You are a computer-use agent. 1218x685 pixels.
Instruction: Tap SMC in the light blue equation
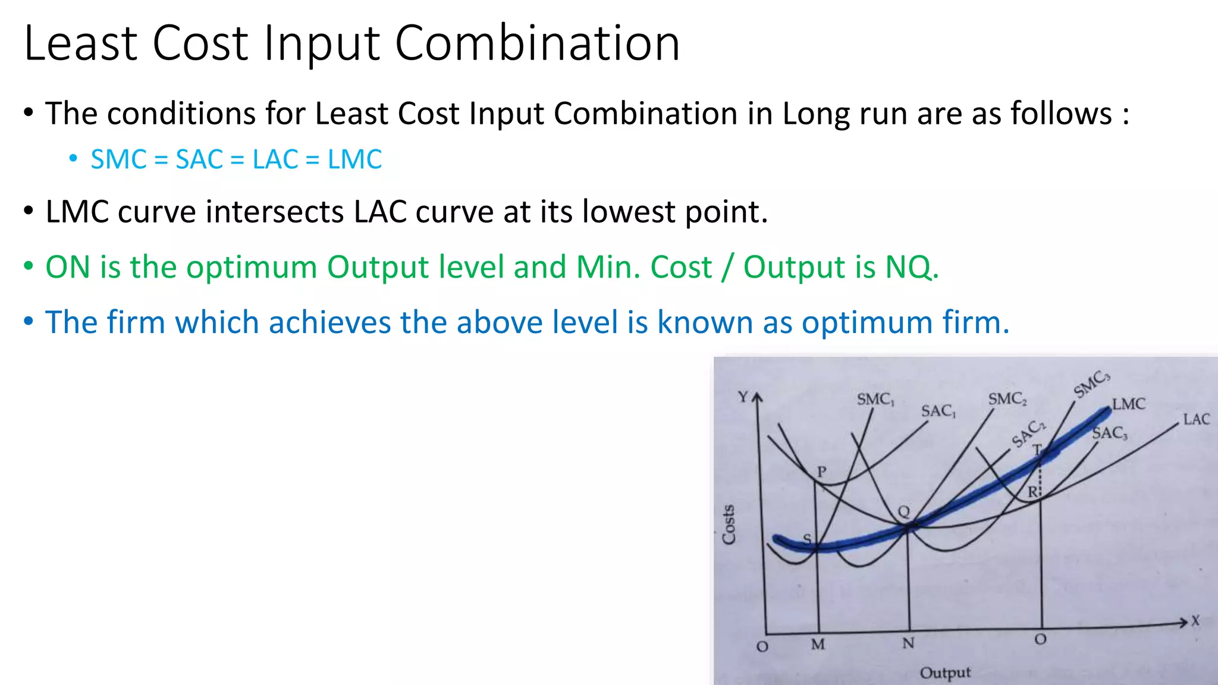[118, 159]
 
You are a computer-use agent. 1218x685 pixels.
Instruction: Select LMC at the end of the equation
[354, 159]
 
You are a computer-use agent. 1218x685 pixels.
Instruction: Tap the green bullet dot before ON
[29, 266]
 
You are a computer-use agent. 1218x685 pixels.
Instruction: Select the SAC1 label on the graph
[938, 411]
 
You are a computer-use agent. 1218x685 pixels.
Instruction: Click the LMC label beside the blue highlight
[1128, 404]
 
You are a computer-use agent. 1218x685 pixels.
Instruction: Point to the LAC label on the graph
[1196, 420]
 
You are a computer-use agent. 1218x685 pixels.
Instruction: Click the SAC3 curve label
[1110, 433]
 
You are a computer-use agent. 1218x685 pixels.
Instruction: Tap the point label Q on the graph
[903, 511]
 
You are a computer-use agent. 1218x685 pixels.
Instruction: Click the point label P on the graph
[821, 472]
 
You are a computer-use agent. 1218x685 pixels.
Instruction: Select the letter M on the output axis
[818, 645]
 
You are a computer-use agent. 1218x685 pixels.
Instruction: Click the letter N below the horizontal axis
[908, 643]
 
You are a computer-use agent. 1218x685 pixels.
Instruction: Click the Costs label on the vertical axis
[729, 524]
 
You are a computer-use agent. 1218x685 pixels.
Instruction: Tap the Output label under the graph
[944, 673]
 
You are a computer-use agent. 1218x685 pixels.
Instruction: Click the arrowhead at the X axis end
[1183, 623]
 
